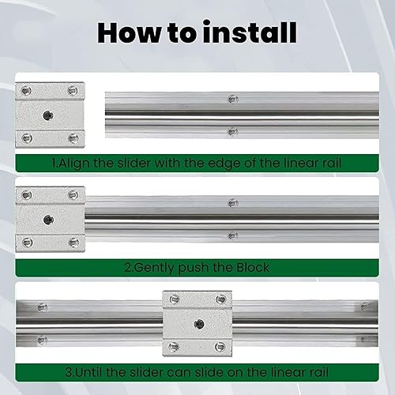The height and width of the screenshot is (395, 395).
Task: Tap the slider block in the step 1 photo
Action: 49,115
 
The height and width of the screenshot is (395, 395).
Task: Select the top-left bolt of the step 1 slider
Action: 27,89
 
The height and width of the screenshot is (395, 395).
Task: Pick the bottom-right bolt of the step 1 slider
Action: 73,138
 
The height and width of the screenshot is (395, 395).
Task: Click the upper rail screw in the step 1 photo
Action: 232,99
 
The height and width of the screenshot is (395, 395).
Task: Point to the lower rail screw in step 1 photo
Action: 232,131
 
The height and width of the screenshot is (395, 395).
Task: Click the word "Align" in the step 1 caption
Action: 79,164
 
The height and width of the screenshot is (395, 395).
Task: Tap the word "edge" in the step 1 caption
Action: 231,164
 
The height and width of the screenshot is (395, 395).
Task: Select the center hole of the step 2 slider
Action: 49,220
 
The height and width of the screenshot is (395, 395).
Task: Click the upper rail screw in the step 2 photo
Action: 232,203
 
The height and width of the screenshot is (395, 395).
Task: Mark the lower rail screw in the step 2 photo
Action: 232,235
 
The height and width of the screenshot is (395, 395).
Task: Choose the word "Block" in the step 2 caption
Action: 250,268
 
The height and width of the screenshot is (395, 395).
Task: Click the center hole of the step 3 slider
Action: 198,323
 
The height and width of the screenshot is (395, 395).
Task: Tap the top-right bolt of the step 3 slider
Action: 222,299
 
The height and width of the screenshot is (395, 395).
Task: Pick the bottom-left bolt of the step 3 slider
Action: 175,348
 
